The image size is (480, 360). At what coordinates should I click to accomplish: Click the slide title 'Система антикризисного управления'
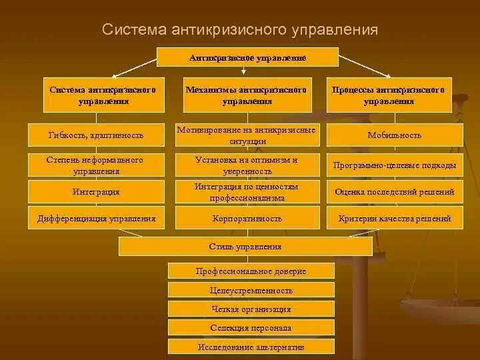[x=240, y=30]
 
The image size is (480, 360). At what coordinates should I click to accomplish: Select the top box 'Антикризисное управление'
[x=247, y=57]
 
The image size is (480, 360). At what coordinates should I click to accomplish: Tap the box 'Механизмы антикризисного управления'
[x=247, y=95]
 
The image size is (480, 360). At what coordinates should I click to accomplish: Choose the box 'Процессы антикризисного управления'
[x=389, y=95]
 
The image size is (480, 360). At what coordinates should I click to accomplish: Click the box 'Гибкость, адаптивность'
[x=96, y=135]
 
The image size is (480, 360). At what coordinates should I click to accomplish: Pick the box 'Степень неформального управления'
[x=96, y=165]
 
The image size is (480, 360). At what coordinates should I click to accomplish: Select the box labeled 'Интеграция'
[x=96, y=192]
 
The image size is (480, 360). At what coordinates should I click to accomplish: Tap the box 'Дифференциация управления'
[x=96, y=218]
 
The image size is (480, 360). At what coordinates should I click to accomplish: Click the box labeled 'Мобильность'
[x=395, y=135]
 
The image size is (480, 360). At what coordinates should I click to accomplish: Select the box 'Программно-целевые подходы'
[x=395, y=165]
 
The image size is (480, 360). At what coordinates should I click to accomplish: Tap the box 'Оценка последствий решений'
[x=395, y=192]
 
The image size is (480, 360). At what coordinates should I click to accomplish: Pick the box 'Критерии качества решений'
[x=395, y=218]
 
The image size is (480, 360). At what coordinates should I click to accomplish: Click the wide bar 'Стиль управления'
[x=245, y=247]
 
